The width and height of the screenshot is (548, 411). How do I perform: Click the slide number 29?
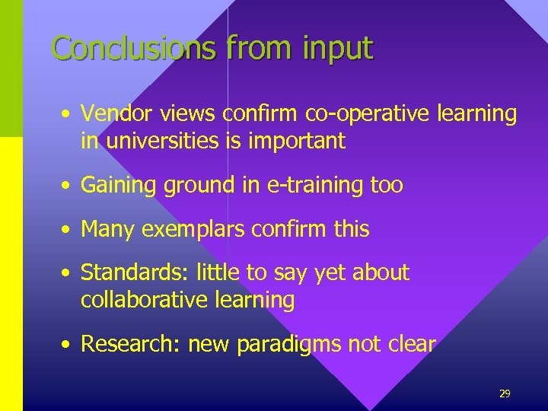504,393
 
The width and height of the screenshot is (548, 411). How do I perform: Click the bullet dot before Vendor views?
68,115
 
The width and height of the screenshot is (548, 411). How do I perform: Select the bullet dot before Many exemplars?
68,230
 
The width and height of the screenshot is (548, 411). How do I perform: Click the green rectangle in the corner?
11,68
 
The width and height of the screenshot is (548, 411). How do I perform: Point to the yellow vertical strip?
11,274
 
